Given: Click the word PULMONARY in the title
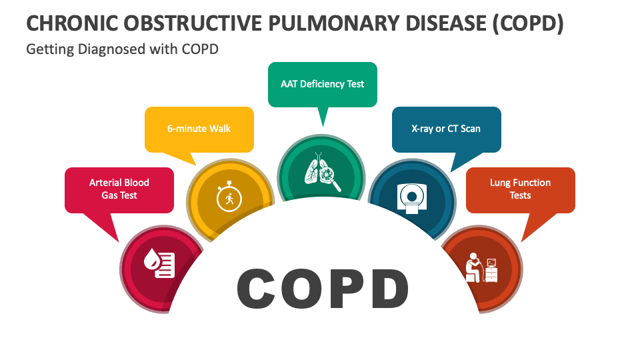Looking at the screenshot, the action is (x=334, y=23).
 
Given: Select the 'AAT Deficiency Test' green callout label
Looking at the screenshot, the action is (x=323, y=84).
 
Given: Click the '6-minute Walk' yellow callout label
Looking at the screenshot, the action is (x=199, y=129).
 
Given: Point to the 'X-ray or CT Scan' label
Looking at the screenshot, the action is (x=446, y=129).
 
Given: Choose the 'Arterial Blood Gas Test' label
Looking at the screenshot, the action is (x=119, y=189).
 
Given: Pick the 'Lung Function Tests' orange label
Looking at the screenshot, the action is (x=521, y=189).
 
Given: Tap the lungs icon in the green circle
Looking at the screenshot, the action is (x=323, y=172).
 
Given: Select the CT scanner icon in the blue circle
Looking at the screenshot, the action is (x=412, y=199).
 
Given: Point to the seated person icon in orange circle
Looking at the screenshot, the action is (x=481, y=268).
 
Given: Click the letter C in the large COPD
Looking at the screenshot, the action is (x=257, y=288).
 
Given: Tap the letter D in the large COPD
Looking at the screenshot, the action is (x=388, y=288).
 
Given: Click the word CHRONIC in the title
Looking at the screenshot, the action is (x=72, y=23).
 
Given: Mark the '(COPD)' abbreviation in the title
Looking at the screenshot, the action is (x=528, y=23).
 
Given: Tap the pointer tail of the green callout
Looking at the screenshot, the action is (x=323, y=117).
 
